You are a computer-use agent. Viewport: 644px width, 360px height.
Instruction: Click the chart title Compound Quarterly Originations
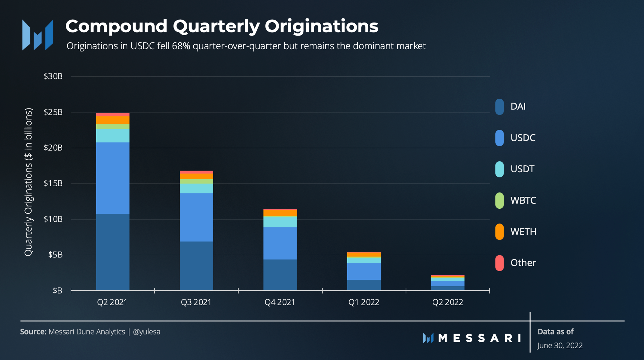point(222,26)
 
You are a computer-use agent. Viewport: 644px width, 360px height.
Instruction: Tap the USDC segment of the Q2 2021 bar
point(113,178)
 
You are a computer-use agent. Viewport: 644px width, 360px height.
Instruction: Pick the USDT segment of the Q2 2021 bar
point(113,136)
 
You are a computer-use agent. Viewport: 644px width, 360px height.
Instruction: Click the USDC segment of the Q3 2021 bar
point(196,217)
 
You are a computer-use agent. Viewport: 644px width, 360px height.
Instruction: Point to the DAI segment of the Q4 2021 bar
point(280,275)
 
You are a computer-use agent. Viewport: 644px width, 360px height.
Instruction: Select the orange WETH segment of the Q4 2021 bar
point(280,213)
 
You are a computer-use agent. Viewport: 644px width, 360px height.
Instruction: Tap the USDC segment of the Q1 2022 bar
point(364,272)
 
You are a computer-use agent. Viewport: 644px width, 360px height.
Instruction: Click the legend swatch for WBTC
point(499,200)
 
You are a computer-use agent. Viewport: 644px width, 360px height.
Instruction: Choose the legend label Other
point(523,263)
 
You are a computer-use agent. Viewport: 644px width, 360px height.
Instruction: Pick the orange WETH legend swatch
point(499,232)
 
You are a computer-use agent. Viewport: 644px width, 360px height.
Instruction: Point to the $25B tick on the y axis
point(53,112)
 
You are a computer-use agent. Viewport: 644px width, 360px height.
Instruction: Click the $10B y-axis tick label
point(53,219)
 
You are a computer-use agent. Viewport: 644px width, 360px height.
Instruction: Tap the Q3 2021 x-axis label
point(196,302)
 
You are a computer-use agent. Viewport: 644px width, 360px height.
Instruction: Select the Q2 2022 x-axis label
point(447,302)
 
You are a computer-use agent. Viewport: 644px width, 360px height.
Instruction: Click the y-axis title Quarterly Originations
point(28,182)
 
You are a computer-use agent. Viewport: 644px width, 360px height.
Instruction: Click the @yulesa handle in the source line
point(146,332)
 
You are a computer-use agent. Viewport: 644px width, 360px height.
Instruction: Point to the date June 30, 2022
point(560,346)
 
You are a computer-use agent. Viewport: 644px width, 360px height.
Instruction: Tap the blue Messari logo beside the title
point(38,35)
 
